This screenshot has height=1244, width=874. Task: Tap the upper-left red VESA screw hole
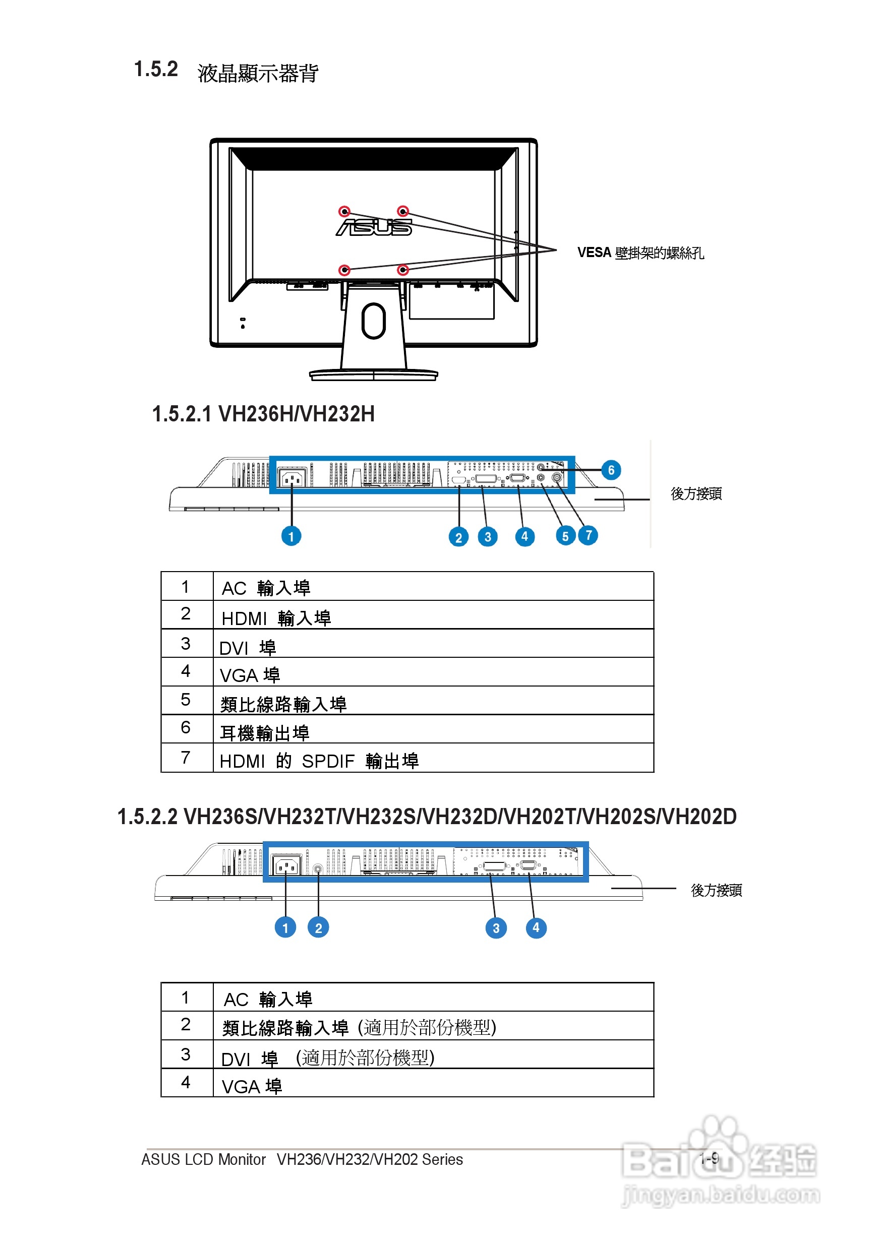click(344, 211)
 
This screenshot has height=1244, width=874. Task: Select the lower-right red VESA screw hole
click(403, 270)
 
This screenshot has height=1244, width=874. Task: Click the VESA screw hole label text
click(640, 253)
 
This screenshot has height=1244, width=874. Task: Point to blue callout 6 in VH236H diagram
click(611, 470)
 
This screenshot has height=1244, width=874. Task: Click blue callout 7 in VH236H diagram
click(588, 535)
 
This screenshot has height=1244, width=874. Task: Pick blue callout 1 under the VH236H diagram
click(291, 536)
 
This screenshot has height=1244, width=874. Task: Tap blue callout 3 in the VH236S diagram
click(496, 928)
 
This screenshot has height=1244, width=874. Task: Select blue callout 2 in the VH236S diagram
click(318, 927)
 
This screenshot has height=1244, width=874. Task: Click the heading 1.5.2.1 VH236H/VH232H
click(263, 414)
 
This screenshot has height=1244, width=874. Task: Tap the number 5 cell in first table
click(186, 700)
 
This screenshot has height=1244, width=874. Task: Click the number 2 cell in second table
click(186, 1025)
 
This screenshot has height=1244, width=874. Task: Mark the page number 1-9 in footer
click(709, 1158)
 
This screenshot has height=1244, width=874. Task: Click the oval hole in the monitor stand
click(374, 321)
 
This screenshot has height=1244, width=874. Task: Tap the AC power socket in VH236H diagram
click(291, 478)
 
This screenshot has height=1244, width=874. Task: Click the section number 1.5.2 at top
click(156, 70)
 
